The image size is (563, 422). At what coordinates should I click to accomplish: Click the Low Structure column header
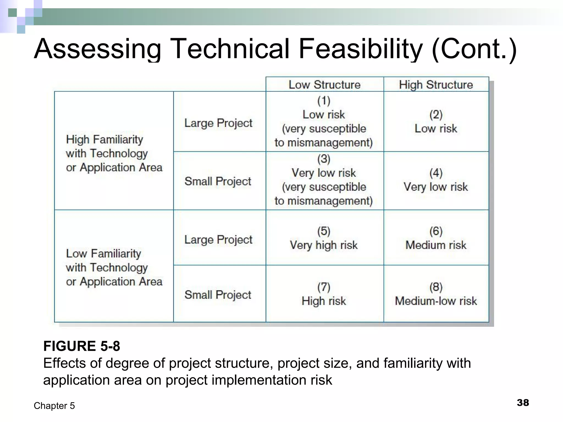324,85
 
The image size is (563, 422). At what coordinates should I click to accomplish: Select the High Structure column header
436,85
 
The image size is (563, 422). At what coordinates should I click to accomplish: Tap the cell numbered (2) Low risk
436,122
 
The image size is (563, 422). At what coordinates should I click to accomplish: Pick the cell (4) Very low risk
436,180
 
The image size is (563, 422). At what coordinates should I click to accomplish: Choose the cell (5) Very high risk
324,238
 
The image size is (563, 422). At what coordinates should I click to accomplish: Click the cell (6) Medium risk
436,238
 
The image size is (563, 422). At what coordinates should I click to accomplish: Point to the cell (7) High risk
324,294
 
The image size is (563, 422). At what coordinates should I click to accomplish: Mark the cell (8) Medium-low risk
436,294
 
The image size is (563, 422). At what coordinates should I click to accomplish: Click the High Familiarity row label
114,153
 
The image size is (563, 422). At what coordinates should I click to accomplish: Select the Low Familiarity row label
114,267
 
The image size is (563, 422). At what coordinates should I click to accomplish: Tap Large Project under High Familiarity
218,123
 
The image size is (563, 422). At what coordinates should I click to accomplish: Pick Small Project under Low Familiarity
218,295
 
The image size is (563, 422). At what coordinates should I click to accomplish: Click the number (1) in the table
324,101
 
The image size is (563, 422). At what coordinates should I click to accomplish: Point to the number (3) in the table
324,159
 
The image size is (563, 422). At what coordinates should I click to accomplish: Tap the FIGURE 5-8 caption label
82,346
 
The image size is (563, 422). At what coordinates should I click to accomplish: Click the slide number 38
523,403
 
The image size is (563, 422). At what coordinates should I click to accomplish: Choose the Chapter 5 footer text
54,406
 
